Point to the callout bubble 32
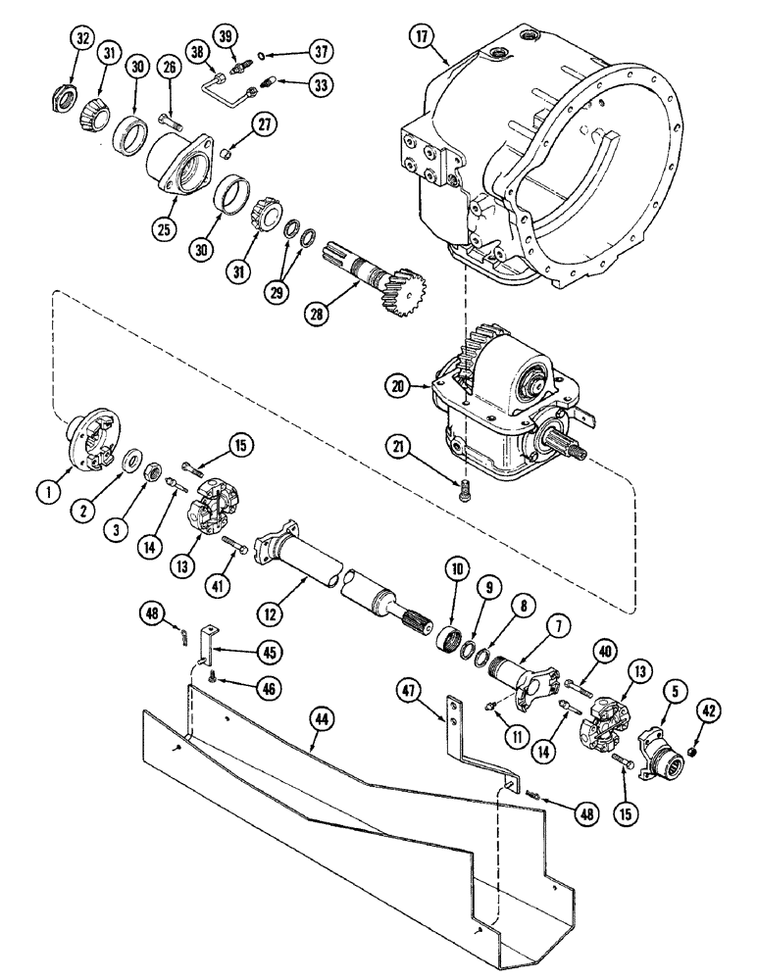[x=79, y=42]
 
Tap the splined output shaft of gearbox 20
[x=572, y=453]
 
